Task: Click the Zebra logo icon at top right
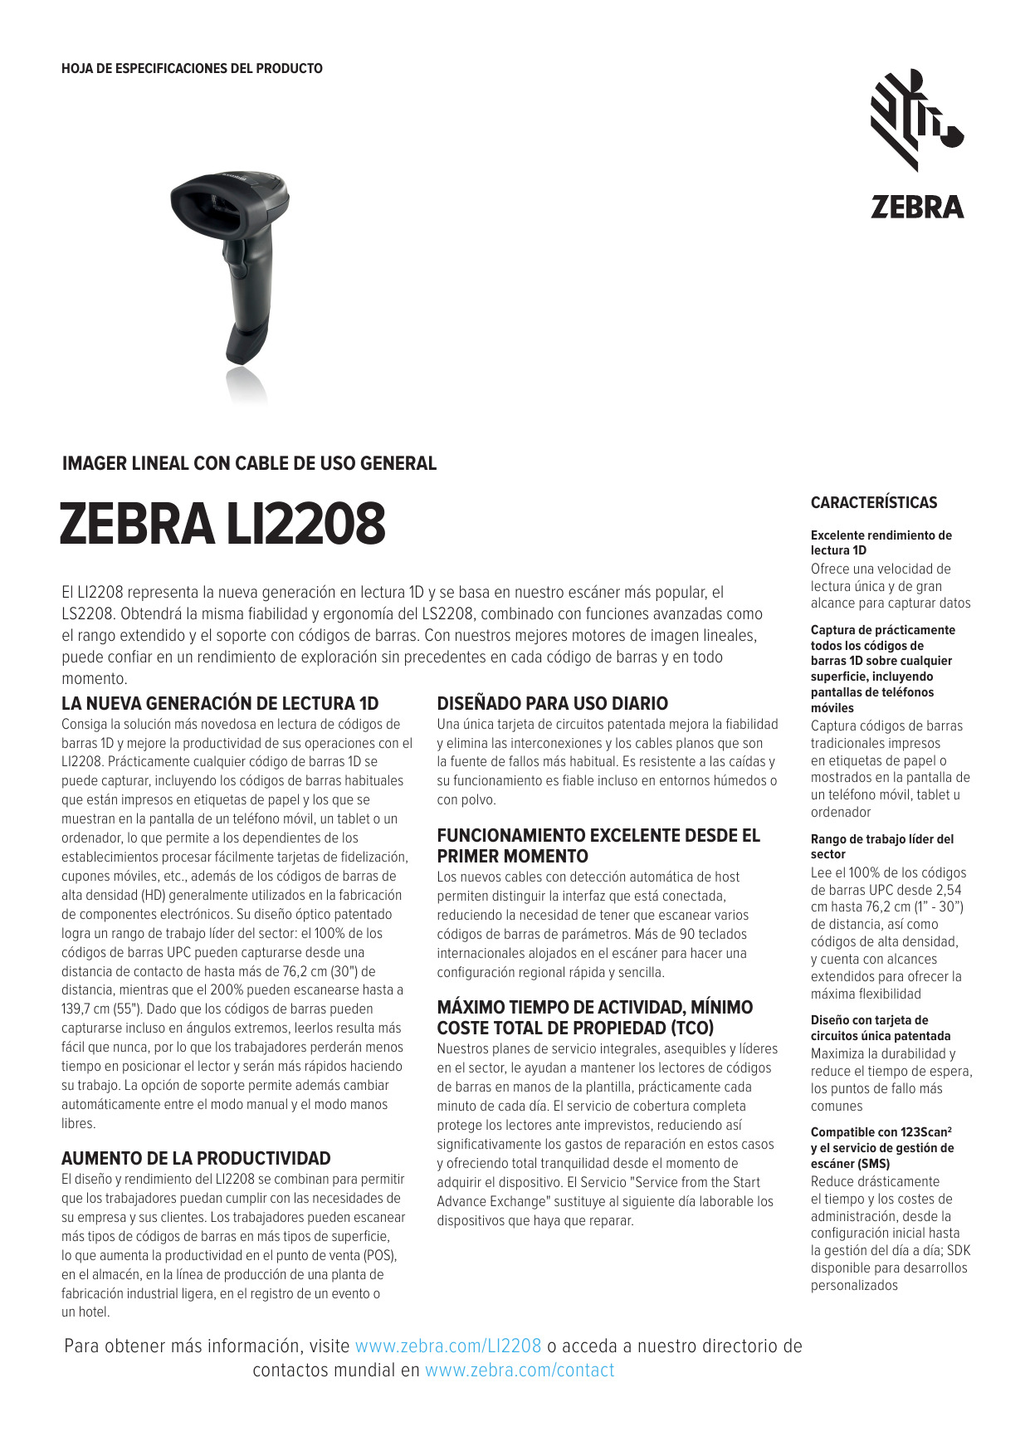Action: pyautogui.click(x=915, y=120)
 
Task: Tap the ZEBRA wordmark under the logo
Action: pyautogui.click(x=917, y=207)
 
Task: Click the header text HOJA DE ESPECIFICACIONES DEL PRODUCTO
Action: pyautogui.click(x=192, y=69)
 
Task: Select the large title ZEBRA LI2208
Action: pyautogui.click(x=222, y=525)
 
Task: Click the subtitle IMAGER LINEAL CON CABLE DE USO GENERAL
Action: pyautogui.click(x=249, y=463)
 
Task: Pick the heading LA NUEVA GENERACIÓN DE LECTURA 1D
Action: pyautogui.click(x=220, y=703)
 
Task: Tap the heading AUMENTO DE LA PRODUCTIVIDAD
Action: pyautogui.click(x=196, y=1158)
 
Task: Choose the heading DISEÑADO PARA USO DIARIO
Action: pyautogui.click(x=552, y=703)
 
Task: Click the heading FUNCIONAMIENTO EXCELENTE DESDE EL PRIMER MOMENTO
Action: pyautogui.click(x=598, y=845)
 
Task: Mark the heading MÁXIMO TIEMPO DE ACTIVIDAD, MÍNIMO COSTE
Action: pyautogui.click(x=595, y=1017)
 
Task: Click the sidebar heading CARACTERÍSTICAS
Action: pyautogui.click(x=873, y=502)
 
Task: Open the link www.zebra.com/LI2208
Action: pyautogui.click(x=448, y=1346)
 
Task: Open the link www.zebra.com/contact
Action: pyautogui.click(x=520, y=1370)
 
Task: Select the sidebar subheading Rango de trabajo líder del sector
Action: pyautogui.click(x=881, y=846)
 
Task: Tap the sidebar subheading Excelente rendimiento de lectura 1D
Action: pyautogui.click(x=881, y=542)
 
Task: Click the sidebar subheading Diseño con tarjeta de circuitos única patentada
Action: pyautogui.click(x=880, y=1028)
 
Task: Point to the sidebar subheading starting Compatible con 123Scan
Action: pyautogui.click(x=881, y=1147)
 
